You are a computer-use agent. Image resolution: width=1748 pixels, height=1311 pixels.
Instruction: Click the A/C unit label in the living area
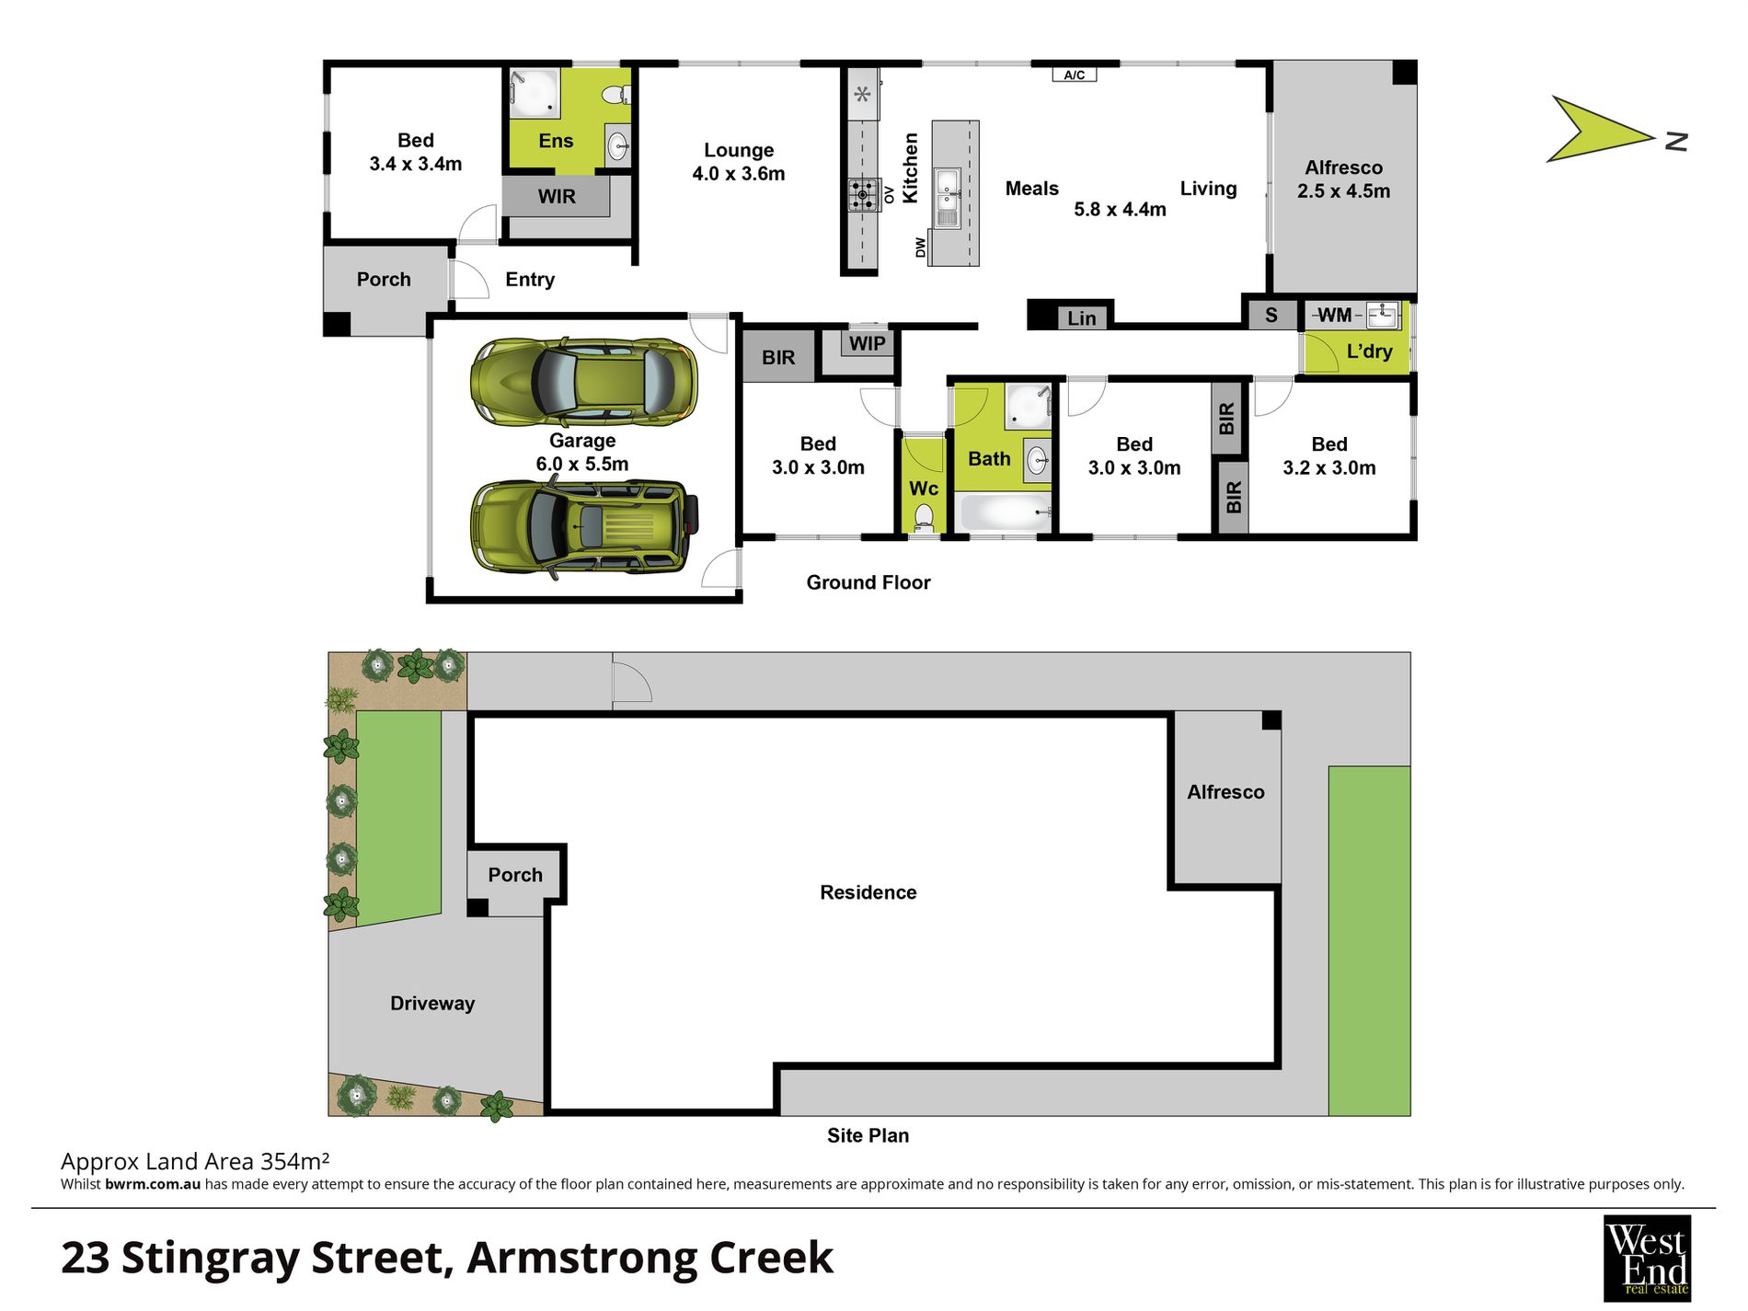pyautogui.click(x=1074, y=75)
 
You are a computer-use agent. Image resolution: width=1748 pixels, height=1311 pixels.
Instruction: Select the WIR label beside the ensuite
pyautogui.click(x=557, y=196)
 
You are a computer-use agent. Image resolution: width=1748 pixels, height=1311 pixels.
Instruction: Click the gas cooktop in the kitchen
pyautogui.click(x=863, y=194)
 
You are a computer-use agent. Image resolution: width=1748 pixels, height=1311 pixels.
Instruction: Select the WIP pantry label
pyautogui.click(x=867, y=344)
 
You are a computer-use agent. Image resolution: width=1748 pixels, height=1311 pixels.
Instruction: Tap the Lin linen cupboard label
pyautogui.click(x=1081, y=318)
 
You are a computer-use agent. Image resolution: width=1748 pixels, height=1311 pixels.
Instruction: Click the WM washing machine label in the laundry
pyautogui.click(x=1334, y=316)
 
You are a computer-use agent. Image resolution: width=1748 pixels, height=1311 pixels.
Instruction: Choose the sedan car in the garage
pyautogui.click(x=583, y=382)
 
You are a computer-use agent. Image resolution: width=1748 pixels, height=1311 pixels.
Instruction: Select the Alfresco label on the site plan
pyautogui.click(x=1225, y=792)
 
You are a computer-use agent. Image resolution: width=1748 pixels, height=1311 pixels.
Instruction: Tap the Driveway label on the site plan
pyautogui.click(x=431, y=1004)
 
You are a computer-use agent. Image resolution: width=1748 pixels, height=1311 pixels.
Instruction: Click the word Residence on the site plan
pyautogui.click(x=868, y=892)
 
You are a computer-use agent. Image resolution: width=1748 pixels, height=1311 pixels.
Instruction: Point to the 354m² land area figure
pyautogui.click(x=294, y=1161)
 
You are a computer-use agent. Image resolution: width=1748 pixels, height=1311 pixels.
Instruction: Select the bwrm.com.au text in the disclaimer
pyautogui.click(x=153, y=1185)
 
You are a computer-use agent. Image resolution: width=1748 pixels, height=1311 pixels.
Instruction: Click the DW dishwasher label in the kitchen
pyautogui.click(x=920, y=247)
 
